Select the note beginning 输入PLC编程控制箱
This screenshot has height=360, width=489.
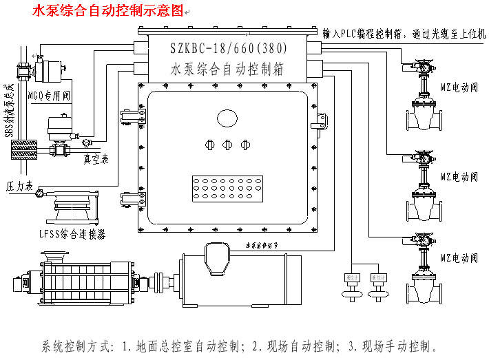point(404,32)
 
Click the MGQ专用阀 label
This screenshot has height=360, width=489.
point(49,94)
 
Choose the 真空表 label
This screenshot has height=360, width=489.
point(97,158)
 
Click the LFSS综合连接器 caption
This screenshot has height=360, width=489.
point(72,235)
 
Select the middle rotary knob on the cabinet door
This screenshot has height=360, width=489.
point(227,145)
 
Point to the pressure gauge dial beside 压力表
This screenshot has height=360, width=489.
point(39,193)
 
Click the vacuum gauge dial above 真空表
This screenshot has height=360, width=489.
point(86,142)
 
